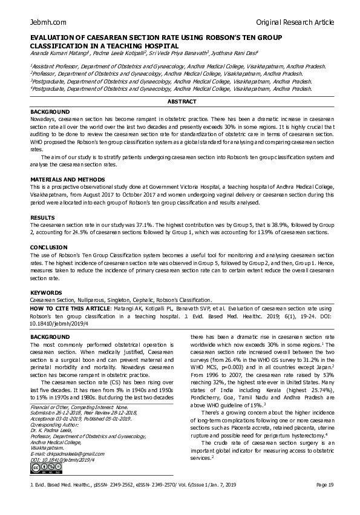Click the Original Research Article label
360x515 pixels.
(295, 22)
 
